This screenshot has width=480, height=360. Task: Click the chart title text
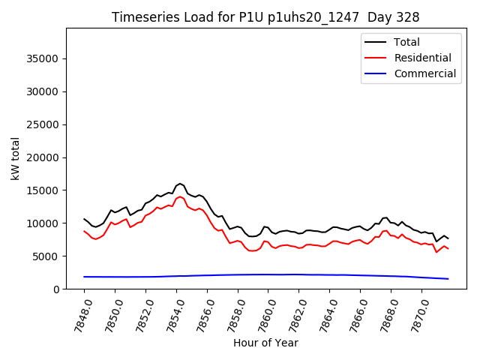(x=265, y=17)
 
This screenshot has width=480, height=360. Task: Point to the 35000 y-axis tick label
(x=42, y=58)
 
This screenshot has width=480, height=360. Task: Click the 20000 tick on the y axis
(x=42, y=157)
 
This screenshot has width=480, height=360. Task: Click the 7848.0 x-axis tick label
(x=78, y=315)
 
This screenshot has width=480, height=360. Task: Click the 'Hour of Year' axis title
(x=265, y=343)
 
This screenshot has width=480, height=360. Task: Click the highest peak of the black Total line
(x=180, y=183)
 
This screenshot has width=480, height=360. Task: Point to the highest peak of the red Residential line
(x=180, y=196)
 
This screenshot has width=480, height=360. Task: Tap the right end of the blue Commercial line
(x=448, y=279)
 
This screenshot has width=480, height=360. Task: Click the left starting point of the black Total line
(x=84, y=219)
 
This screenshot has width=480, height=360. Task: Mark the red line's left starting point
(x=84, y=231)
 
